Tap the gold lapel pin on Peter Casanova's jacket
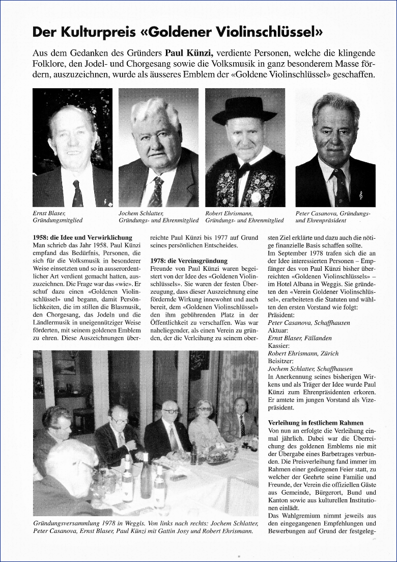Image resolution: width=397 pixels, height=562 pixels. [x=361, y=195]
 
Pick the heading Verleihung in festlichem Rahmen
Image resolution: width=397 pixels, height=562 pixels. [x=316, y=423]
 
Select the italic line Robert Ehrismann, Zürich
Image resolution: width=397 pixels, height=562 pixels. [x=303, y=353]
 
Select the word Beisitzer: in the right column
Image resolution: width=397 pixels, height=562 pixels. [x=280, y=361]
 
